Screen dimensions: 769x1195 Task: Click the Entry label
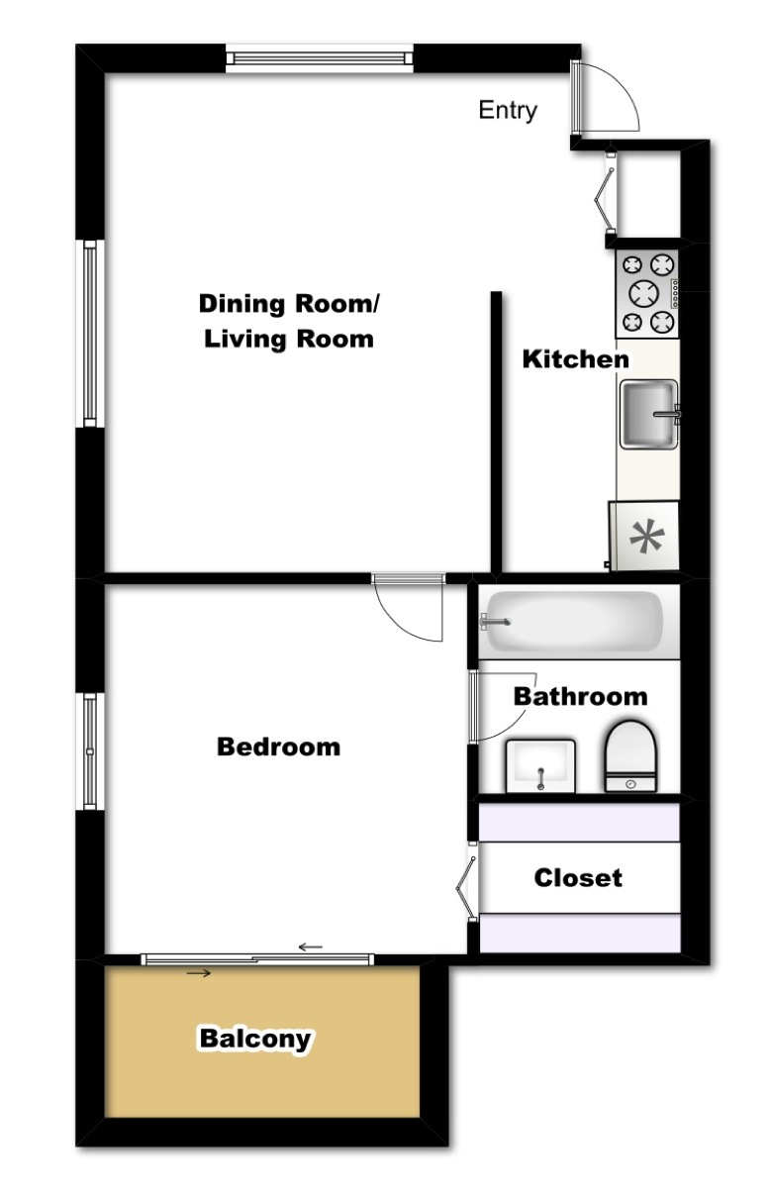(x=507, y=111)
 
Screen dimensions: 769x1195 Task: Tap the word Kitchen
(x=575, y=359)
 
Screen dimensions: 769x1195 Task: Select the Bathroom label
(x=580, y=697)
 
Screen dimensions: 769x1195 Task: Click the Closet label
(x=578, y=878)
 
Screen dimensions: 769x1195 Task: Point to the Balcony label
(x=255, y=1040)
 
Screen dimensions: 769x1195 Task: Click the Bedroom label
(x=278, y=747)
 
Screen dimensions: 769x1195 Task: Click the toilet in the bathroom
(x=630, y=756)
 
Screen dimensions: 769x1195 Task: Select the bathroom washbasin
(x=540, y=766)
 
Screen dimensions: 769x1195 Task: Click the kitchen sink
(x=649, y=414)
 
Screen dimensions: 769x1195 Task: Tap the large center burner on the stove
(x=643, y=293)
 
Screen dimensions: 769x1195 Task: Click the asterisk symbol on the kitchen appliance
(x=647, y=538)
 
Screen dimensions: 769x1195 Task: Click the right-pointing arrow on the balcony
(x=198, y=973)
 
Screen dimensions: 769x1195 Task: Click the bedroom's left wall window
(x=90, y=751)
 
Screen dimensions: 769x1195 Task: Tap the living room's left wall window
(x=90, y=334)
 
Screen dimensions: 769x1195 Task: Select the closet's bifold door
(x=465, y=888)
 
